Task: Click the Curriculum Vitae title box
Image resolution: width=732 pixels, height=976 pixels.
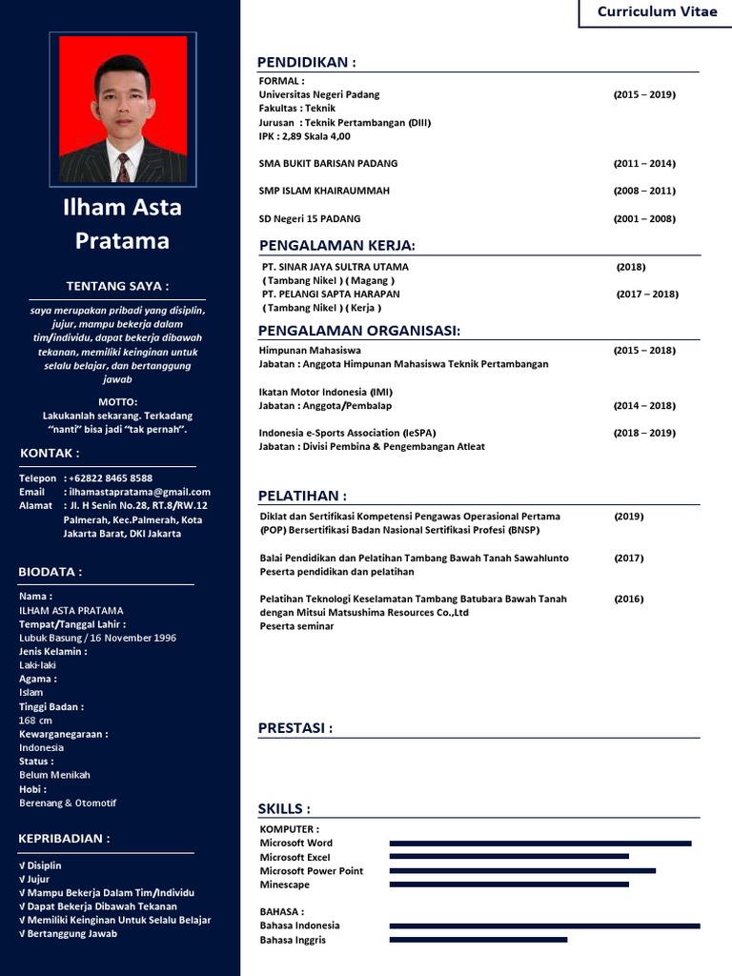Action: click(657, 12)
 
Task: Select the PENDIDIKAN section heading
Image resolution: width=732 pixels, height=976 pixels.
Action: click(307, 63)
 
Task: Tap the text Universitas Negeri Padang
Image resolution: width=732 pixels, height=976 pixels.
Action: click(319, 94)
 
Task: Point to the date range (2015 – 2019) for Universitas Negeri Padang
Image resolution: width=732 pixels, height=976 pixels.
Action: click(644, 94)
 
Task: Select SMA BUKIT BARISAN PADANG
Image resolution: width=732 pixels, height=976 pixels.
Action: click(328, 163)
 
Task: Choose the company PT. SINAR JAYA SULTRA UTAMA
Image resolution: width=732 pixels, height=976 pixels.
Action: click(335, 267)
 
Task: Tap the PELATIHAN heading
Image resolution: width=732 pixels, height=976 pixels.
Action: click(302, 496)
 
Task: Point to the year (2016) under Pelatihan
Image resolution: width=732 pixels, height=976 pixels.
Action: click(629, 599)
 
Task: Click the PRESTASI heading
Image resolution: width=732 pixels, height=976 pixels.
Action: click(295, 728)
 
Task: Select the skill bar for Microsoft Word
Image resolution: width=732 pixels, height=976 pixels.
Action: click(540, 844)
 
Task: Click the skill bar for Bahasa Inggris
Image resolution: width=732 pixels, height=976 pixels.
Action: click(478, 940)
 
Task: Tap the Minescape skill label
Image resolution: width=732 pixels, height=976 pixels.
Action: click(285, 884)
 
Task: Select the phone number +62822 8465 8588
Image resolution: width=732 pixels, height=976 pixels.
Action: click(110, 478)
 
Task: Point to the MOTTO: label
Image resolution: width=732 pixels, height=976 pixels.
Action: click(118, 401)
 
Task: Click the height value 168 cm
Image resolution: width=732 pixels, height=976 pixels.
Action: click(36, 721)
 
